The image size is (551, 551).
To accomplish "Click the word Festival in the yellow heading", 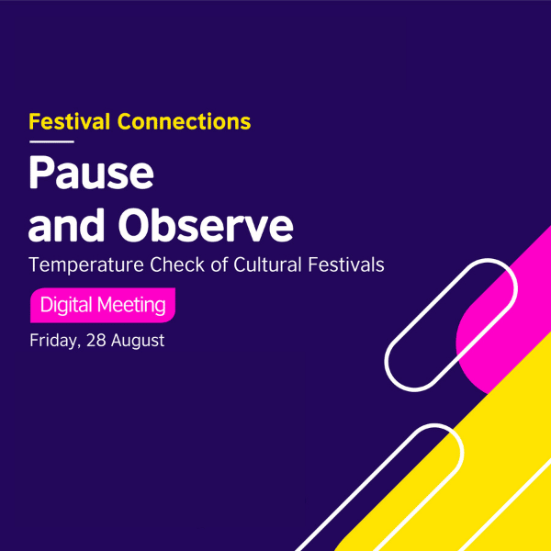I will pyautogui.click(x=71, y=120).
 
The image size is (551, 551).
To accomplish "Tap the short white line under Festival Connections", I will pyautogui.click(x=51, y=142).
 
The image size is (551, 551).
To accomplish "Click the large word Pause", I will pyautogui.click(x=91, y=174).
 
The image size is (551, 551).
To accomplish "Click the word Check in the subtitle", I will pyautogui.click(x=176, y=265).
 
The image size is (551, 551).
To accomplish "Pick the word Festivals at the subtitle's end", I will pyautogui.click(x=346, y=265).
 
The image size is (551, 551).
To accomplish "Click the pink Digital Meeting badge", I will pyautogui.click(x=102, y=304).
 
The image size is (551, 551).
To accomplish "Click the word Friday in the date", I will pyautogui.click(x=54, y=341).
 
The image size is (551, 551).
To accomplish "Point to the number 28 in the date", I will pyautogui.click(x=95, y=341).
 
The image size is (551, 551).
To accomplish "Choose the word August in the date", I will pyautogui.click(x=137, y=341).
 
